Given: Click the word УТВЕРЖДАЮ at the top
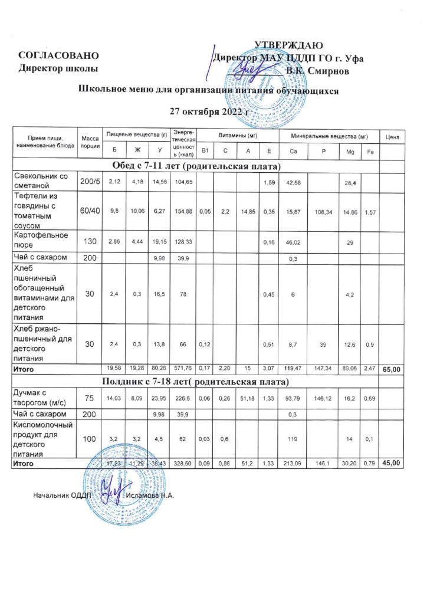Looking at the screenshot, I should (288, 45).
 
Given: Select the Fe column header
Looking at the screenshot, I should (370, 152).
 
